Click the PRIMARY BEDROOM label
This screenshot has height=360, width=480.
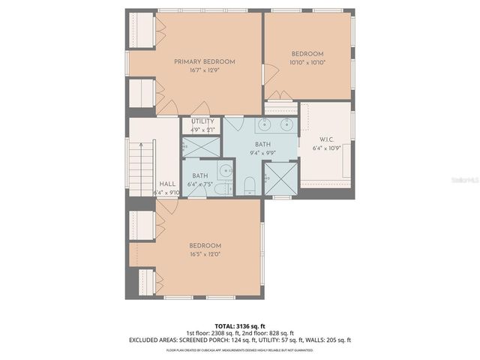[x=205, y=61]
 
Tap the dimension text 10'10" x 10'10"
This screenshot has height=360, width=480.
[x=307, y=63]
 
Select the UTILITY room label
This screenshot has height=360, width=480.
[x=202, y=121]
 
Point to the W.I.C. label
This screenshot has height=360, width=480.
[x=326, y=139]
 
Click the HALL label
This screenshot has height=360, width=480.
[x=167, y=184]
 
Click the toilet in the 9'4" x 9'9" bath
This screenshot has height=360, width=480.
[x=251, y=184]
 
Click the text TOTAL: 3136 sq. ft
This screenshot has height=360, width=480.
[x=239, y=325]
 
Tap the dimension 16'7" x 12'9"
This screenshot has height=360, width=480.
[x=205, y=70]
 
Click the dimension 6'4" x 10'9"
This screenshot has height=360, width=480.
[x=326, y=148]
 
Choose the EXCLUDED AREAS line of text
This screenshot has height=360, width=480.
[x=239, y=340]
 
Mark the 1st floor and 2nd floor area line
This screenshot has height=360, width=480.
[x=239, y=333]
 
